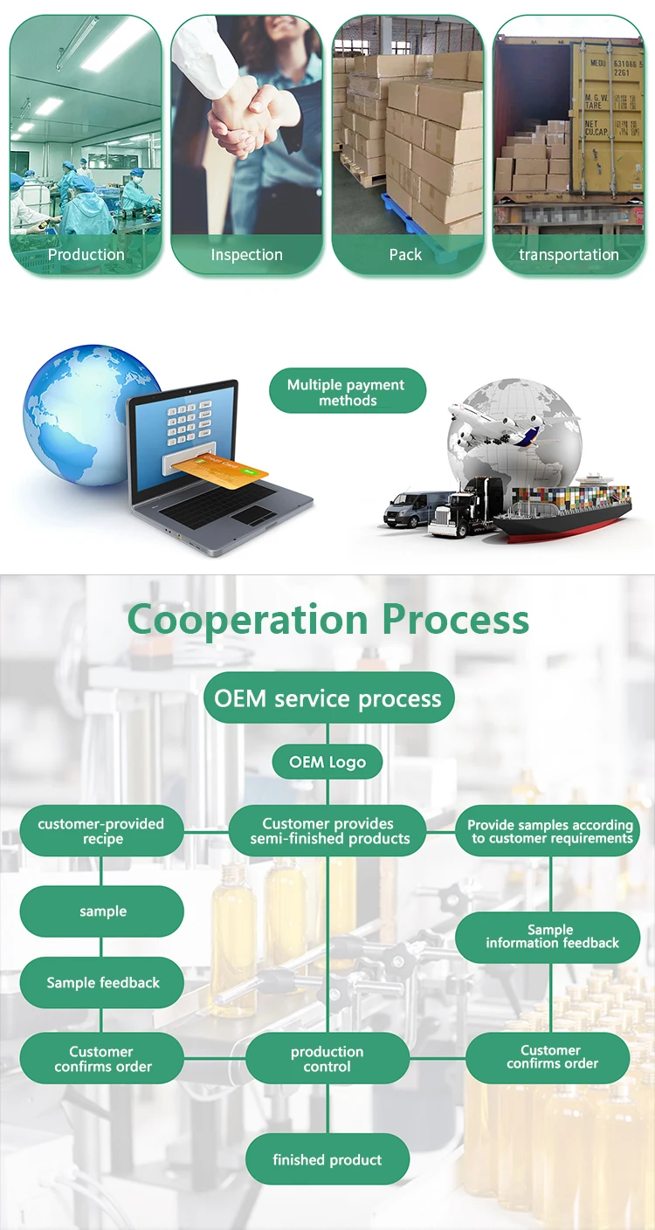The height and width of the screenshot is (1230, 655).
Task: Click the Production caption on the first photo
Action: tap(86, 255)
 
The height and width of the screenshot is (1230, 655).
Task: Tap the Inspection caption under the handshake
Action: tap(246, 255)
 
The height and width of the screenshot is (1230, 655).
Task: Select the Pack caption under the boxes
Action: tap(405, 255)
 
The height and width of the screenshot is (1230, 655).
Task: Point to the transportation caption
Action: tap(569, 255)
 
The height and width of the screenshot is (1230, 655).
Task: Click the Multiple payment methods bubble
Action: tap(347, 392)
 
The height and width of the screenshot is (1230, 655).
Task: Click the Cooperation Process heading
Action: tap(327, 620)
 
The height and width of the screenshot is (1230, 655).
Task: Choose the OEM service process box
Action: tap(328, 698)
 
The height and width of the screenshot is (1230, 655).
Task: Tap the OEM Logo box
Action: tap(327, 762)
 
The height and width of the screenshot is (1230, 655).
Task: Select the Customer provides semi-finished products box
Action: tap(328, 831)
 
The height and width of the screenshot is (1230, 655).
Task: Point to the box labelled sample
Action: tap(103, 911)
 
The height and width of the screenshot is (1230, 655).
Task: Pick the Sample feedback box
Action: tap(103, 983)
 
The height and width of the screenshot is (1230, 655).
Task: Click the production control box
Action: tap(327, 1059)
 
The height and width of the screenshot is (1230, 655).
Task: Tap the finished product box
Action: tap(327, 1160)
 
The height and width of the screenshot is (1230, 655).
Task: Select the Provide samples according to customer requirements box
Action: tap(549, 831)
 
